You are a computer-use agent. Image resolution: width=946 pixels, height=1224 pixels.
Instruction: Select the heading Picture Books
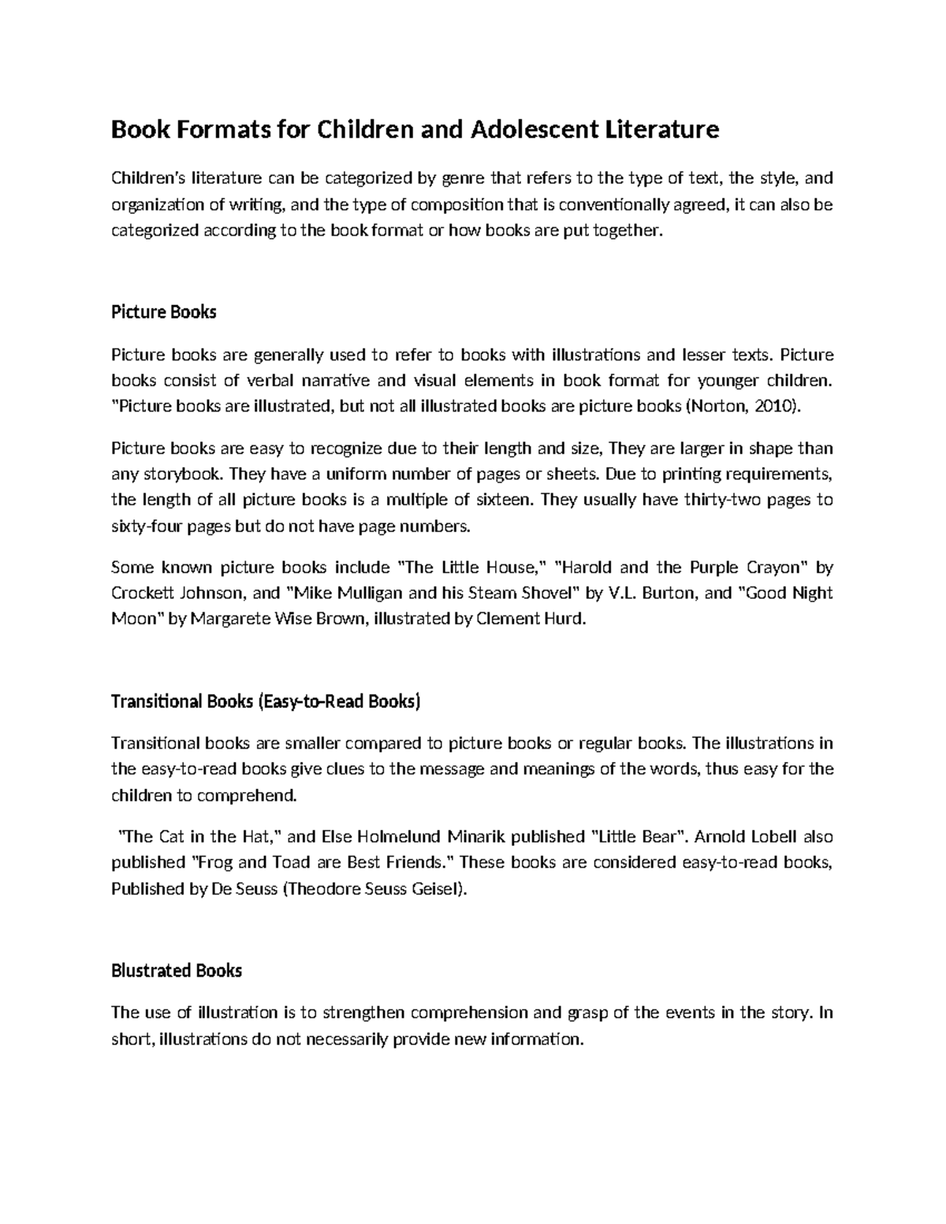pos(163,312)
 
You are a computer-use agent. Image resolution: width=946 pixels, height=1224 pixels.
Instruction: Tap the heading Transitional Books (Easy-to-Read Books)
pos(266,701)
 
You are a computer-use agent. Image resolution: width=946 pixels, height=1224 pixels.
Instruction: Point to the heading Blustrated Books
pos(176,970)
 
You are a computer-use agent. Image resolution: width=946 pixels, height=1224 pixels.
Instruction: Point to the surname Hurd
pos(567,619)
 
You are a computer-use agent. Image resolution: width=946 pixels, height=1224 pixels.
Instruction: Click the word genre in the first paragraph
pos(464,179)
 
